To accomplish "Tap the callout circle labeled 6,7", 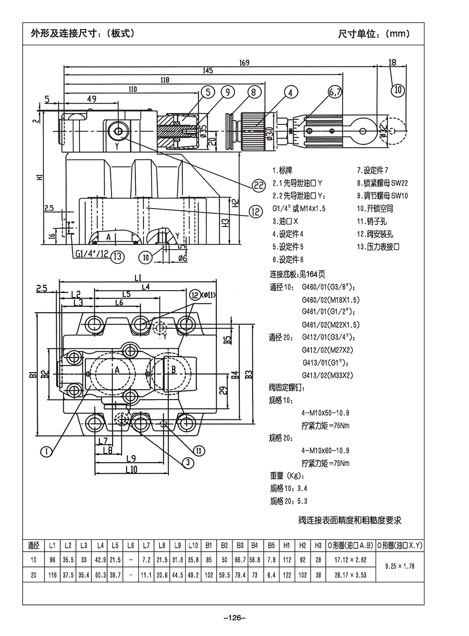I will tap(335, 92).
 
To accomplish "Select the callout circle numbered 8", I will tap(253, 92).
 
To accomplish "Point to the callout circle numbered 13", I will tap(117, 256).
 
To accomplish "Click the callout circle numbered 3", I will tap(187, 462).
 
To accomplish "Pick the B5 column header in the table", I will tap(271, 545).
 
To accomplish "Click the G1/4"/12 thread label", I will tap(92, 255).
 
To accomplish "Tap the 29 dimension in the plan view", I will tap(223, 391).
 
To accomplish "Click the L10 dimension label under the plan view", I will tap(131, 470).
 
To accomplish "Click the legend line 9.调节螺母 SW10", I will tap(383, 195).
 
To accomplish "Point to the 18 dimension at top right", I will tap(392, 63).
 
